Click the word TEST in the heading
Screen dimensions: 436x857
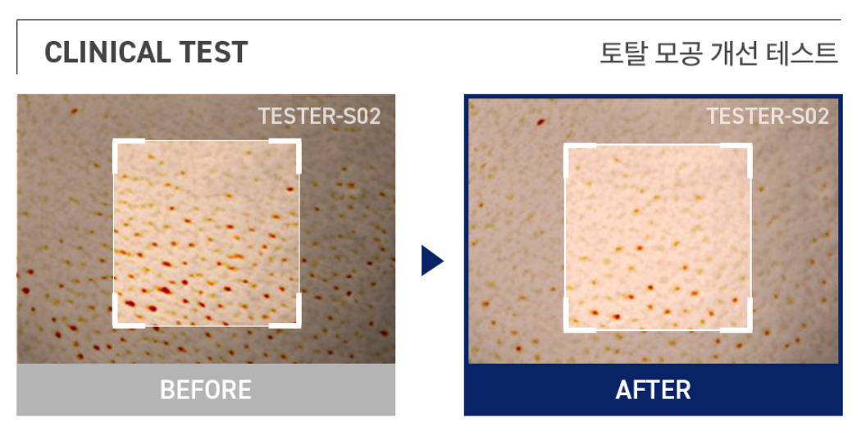point(209,52)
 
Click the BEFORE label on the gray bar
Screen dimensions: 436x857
point(206,389)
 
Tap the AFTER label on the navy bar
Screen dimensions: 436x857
point(653,389)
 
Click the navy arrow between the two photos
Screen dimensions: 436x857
point(431,261)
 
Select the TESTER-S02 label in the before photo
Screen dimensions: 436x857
point(319,116)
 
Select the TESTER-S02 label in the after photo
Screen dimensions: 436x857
point(768,116)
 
